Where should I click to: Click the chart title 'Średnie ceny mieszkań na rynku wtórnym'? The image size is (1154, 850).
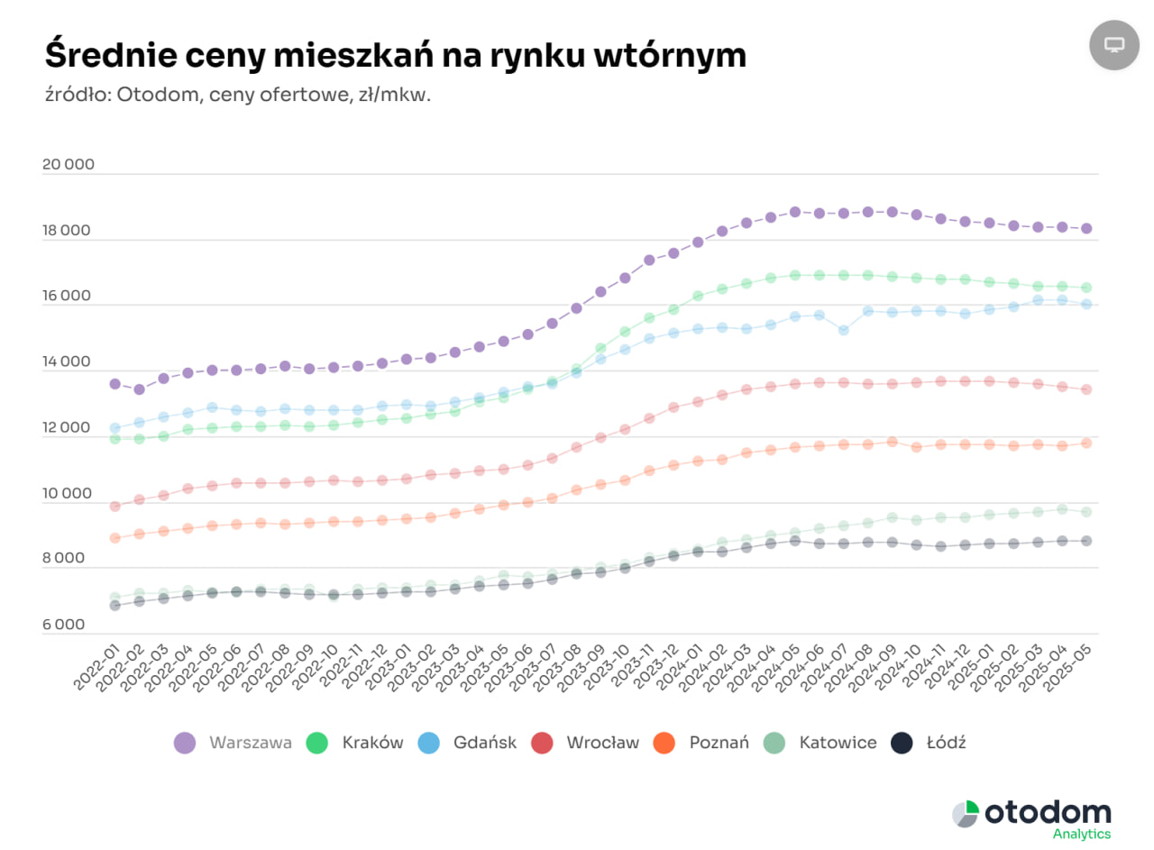click(x=395, y=56)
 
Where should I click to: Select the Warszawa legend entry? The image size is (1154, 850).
click(x=234, y=743)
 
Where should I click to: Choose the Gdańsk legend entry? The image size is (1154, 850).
click(x=467, y=743)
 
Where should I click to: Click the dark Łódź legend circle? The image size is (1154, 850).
click(x=902, y=743)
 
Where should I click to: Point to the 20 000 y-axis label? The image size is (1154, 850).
click(x=68, y=165)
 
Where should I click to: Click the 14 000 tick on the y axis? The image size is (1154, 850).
click(x=68, y=362)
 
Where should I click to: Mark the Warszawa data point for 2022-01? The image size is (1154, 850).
click(x=114, y=384)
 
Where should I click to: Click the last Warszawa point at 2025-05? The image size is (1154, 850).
click(x=1086, y=229)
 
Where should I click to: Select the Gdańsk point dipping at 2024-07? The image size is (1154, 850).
click(x=843, y=330)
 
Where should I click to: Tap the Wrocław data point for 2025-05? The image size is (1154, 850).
click(x=1086, y=389)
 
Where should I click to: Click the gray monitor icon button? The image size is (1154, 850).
click(x=1114, y=44)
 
